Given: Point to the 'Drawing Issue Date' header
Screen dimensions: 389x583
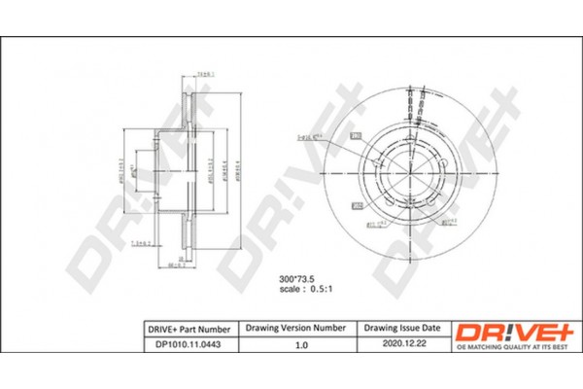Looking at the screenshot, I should click(x=401, y=330).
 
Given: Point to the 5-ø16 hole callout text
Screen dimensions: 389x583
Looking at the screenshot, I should click(x=309, y=138).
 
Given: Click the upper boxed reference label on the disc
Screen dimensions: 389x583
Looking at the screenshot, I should click(x=356, y=135).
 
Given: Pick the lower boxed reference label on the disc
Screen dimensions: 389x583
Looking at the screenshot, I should click(x=356, y=206).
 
